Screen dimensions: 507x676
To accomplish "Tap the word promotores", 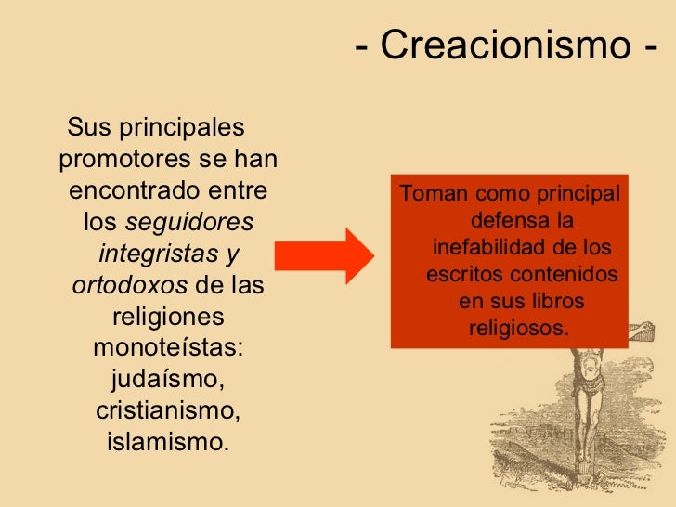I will pyautogui.click(x=122, y=160).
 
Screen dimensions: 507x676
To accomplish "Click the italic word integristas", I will pyautogui.click(x=156, y=253).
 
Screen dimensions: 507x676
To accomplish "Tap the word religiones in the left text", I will pyautogui.click(x=167, y=317).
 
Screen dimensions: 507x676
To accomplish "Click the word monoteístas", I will pyautogui.click(x=167, y=348).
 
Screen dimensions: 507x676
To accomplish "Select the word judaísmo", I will pyautogui.click(x=167, y=380).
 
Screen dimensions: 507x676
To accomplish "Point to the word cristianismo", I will pyautogui.click(x=167, y=410).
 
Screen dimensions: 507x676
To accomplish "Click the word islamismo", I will pyautogui.click(x=167, y=441).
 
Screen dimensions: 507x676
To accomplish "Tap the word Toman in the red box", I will pyautogui.click(x=433, y=196).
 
